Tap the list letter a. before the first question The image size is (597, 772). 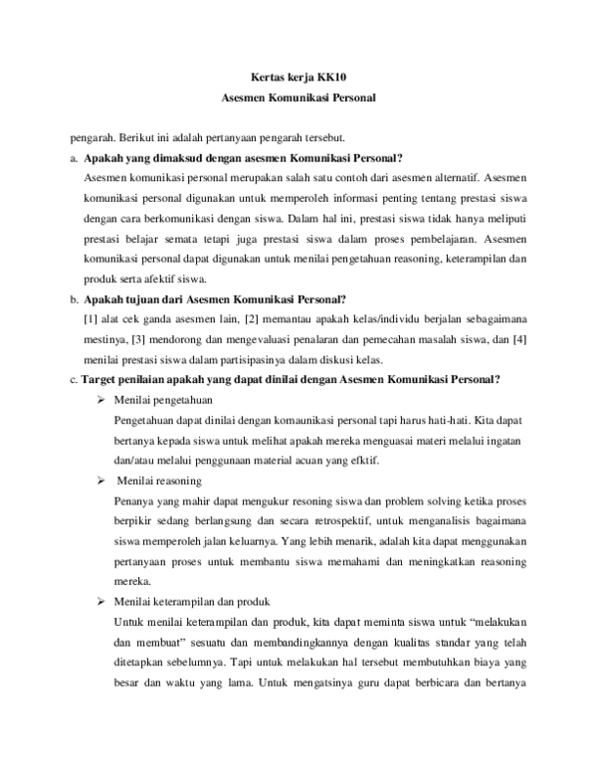click(75, 158)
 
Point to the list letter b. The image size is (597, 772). click(75, 298)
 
